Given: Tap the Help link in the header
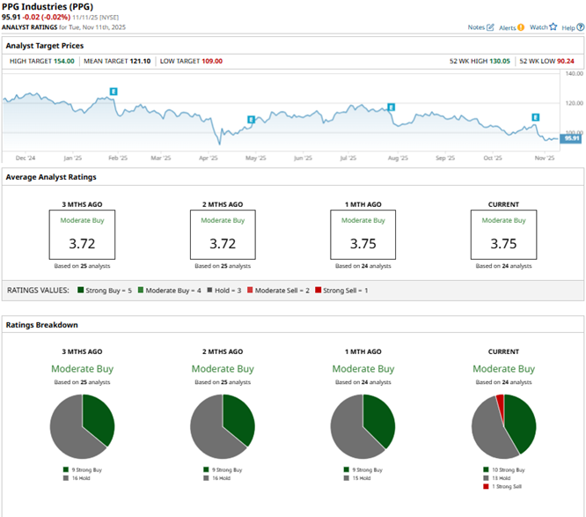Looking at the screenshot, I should [x=568, y=27].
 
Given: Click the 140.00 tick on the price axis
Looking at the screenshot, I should [x=572, y=74].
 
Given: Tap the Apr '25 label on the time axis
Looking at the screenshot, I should [x=208, y=159].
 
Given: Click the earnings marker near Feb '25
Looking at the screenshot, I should [x=113, y=92].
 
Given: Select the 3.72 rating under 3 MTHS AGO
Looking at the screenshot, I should [x=82, y=242].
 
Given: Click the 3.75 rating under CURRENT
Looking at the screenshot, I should [x=503, y=242].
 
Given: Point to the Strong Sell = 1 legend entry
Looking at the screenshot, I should [x=346, y=290].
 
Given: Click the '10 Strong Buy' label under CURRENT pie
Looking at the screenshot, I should [x=509, y=470].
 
